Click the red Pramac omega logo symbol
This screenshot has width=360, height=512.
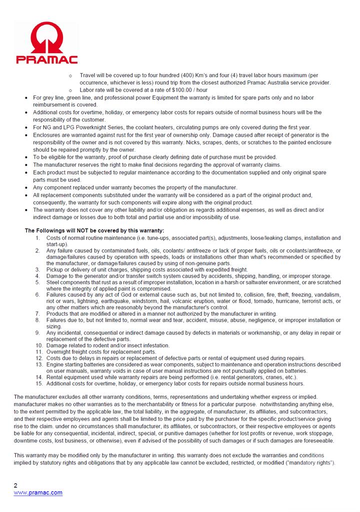46,39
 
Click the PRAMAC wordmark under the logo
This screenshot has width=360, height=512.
46,60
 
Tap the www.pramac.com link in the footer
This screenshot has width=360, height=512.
38,492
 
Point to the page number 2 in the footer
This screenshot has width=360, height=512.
15,485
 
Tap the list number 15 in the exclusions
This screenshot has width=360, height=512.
39,384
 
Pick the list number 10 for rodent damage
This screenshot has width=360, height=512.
39,345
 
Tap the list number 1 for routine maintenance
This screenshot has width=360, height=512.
39,238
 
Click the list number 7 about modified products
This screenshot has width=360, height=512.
39,314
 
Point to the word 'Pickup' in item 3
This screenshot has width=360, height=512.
55,269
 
